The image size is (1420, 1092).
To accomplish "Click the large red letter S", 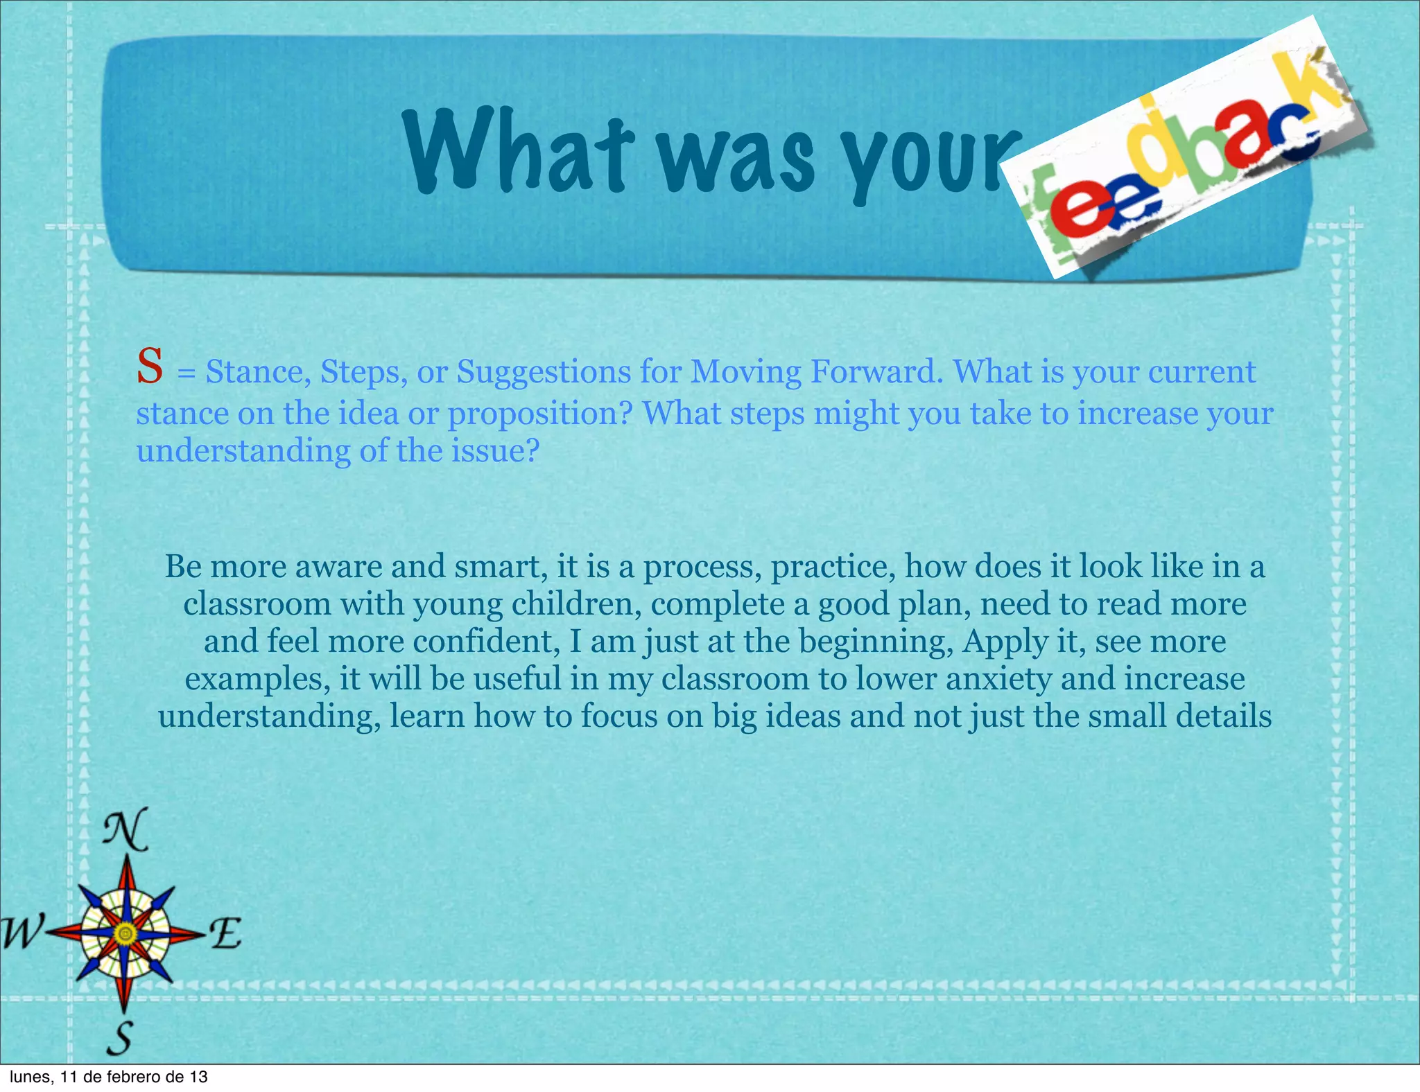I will (150, 367).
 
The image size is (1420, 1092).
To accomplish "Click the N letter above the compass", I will (125, 829).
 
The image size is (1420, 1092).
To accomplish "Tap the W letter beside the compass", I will (22, 932).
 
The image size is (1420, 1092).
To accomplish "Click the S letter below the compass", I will (121, 1037).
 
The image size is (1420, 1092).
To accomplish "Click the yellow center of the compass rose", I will (125, 934).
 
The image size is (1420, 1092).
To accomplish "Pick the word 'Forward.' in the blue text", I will (877, 372).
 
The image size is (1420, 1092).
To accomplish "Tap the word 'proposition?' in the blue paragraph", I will (540, 414).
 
